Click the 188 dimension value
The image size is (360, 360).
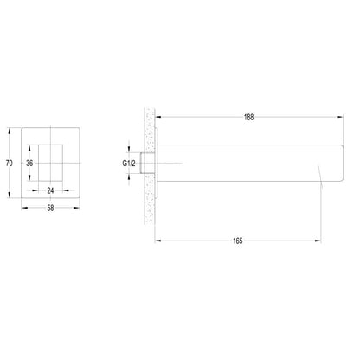248,117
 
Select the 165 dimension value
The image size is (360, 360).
238,241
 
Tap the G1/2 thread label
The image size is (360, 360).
129,164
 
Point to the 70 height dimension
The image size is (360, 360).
10,164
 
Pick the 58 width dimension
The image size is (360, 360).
50,208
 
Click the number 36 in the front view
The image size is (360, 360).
29,164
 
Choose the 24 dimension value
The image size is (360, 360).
50,190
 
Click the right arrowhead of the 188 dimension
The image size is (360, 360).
339,117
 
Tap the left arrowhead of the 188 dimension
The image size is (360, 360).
158,117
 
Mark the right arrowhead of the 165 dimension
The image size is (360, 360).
318,241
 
